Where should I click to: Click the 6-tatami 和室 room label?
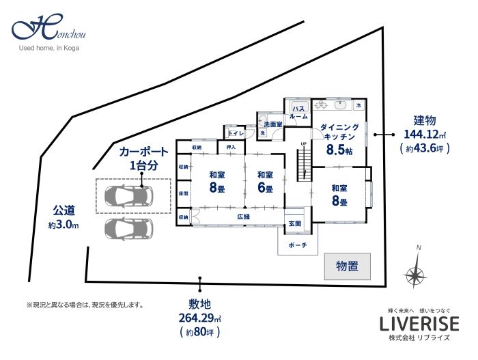265,181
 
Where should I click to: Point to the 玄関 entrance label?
294,223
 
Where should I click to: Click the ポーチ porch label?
298,245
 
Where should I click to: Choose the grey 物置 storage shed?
347,266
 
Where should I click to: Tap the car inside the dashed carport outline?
132,197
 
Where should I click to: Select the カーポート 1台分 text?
143,158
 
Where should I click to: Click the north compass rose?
414,274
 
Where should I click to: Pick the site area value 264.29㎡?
200,319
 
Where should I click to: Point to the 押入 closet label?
231,147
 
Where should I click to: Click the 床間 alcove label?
184,193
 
